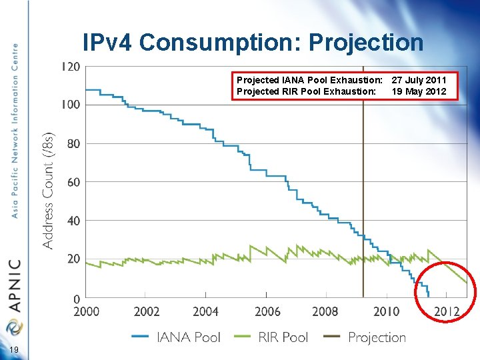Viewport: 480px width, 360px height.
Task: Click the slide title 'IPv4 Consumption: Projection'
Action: (253, 43)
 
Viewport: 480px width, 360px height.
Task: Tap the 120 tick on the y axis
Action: (71, 67)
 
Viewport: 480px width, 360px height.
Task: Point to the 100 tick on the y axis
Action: (71, 105)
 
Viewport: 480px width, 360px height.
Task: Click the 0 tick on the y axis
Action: (77, 298)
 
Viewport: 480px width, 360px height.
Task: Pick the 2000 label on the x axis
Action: (87, 311)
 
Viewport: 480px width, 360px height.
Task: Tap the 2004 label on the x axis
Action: (206, 311)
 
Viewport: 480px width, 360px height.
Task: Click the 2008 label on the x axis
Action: (325, 311)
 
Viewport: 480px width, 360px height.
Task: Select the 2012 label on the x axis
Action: (447, 311)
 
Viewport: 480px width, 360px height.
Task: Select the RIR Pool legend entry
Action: (273, 337)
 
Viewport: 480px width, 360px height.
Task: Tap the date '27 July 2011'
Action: (419, 81)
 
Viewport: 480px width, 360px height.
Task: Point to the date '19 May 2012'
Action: (419, 91)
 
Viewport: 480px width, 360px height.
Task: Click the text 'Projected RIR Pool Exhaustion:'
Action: (306, 91)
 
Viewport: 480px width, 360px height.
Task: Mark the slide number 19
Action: (14, 351)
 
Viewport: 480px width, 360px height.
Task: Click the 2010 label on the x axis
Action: (386, 311)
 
